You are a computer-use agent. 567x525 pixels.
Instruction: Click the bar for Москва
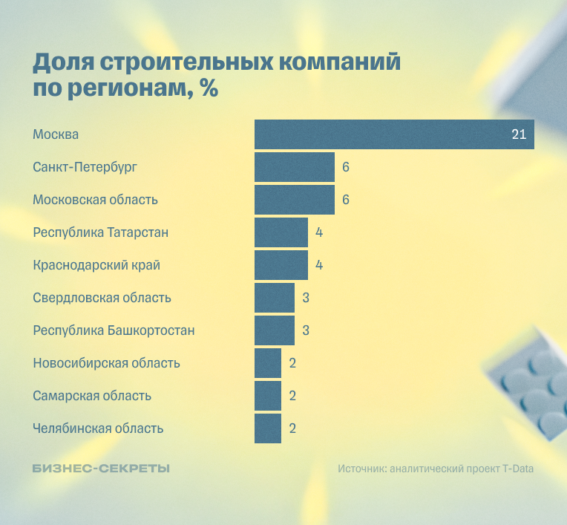click(393, 134)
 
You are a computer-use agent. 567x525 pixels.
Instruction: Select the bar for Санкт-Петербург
click(294, 167)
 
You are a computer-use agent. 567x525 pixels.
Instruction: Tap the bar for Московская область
click(294, 200)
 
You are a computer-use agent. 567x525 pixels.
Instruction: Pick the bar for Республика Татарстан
click(281, 232)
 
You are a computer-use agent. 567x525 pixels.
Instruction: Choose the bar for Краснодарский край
click(281, 265)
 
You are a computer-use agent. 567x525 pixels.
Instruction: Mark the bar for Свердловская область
click(274, 298)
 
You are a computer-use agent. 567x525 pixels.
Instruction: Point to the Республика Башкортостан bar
click(274, 330)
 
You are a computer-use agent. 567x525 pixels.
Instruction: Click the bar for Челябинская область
click(267, 428)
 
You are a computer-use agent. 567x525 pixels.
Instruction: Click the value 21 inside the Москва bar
click(518, 134)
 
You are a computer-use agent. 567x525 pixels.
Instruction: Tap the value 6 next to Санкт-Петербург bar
click(346, 167)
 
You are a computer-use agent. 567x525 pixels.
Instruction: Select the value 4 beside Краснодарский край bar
click(319, 265)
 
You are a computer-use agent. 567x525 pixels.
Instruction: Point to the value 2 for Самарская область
click(292, 396)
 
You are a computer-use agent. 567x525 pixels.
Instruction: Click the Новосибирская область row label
click(106, 363)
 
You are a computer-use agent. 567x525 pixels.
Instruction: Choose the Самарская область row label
click(92, 396)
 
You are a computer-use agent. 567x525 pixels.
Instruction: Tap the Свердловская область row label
click(102, 298)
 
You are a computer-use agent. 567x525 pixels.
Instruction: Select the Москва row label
click(56, 134)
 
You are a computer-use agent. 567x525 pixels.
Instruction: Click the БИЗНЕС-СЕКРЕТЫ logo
click(101, 469)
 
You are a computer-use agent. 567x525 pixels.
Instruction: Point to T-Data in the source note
click(517, 469)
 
